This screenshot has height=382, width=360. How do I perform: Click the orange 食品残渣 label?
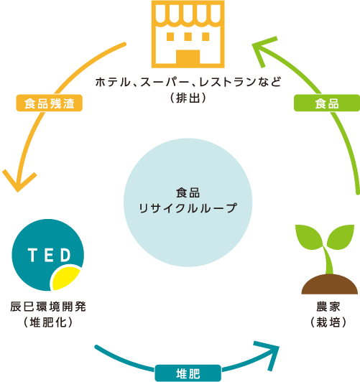pos(50,103)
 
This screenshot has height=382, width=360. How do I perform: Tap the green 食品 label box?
pos(327,103)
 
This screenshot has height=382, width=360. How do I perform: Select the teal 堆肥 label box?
pos(188,373)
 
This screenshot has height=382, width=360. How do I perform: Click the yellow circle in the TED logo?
pos(66,278)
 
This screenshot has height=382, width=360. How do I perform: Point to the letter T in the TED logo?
pos(32,255)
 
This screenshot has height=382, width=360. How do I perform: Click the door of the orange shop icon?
pos(188,57)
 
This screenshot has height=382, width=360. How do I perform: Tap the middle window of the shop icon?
pos(188,37)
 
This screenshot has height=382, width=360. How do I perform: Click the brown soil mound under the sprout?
pos(330,284)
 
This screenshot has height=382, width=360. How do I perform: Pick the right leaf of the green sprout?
pos(341,236)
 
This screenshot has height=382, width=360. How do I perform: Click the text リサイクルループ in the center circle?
pos(188,208)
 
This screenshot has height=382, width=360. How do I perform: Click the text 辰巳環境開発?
pos(48,307)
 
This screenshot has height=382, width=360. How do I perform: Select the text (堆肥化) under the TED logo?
pos(48,322)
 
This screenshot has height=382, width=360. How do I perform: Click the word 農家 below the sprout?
pos(328,307)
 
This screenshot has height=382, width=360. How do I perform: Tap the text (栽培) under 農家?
pos(328,322)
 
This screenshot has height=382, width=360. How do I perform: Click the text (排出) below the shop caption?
pos(188,98)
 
